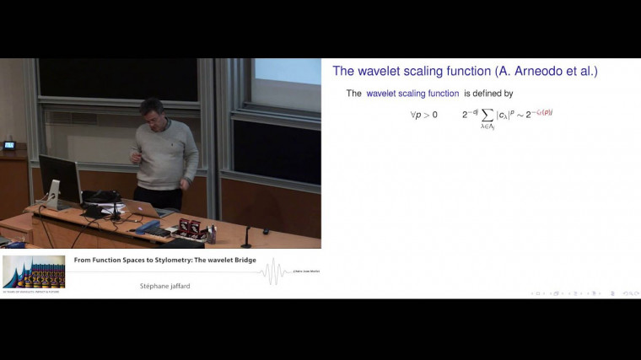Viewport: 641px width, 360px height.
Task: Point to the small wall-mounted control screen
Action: tap(9, 145)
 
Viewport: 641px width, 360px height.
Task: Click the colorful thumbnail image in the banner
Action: tap(34, 271)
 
